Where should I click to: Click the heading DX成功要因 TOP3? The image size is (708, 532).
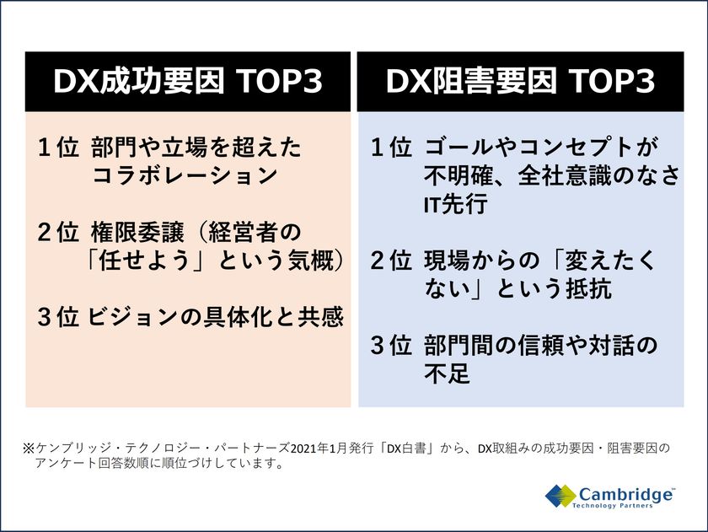coord(188,81)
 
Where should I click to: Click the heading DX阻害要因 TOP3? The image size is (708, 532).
coord(520,81)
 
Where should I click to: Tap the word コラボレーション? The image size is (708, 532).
coord(185,175)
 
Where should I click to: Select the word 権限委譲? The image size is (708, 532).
coord(137,232)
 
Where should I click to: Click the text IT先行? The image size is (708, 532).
coord(456,204)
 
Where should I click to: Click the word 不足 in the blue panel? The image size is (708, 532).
coord(447,373)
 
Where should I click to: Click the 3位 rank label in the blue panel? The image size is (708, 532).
coord(391,346)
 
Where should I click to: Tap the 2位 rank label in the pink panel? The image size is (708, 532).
coord(58,232)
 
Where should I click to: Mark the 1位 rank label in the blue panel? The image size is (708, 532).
coord(391,148)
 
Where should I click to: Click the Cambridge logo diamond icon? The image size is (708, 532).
coord(560,496)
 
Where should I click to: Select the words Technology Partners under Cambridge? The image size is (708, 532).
coord(612,505)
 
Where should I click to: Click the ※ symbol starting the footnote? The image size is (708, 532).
coord(29,449)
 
